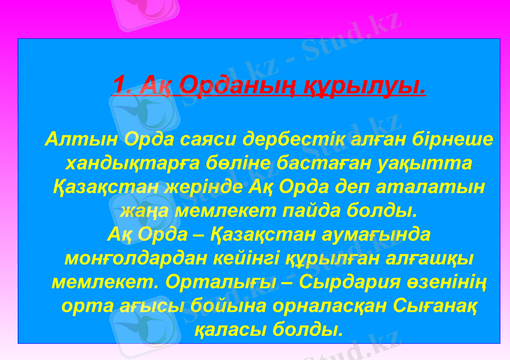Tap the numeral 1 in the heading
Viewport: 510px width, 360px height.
(119, 84)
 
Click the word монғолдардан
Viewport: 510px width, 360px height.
(131, 259)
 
